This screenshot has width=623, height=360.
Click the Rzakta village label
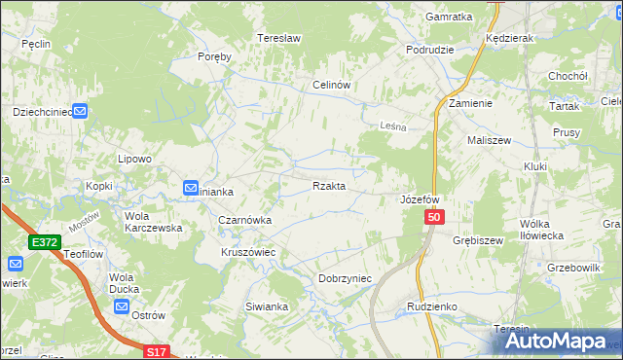click(x=328, y=186)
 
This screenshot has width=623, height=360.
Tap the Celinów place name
click(x=331, y=85)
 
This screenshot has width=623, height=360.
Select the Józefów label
click(x=421, y=199)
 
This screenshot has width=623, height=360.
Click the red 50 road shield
click(x=435, y=220)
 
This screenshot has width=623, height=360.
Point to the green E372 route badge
click(x=45, y=242)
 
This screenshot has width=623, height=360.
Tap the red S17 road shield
click(x=157, y=351)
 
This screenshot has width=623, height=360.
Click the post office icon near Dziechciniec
click(x=81, y=112)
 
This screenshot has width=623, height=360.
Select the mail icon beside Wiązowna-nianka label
click(x=192, y=188)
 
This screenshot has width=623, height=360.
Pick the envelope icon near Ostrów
click(x=121, y=306)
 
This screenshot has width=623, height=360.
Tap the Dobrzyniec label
click(x=346, y=278)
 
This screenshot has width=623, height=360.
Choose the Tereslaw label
click(x=275, y=39)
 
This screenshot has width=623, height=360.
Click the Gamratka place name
click(x=449, y=18)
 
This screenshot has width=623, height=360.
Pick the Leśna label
click(x=390, y=126)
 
